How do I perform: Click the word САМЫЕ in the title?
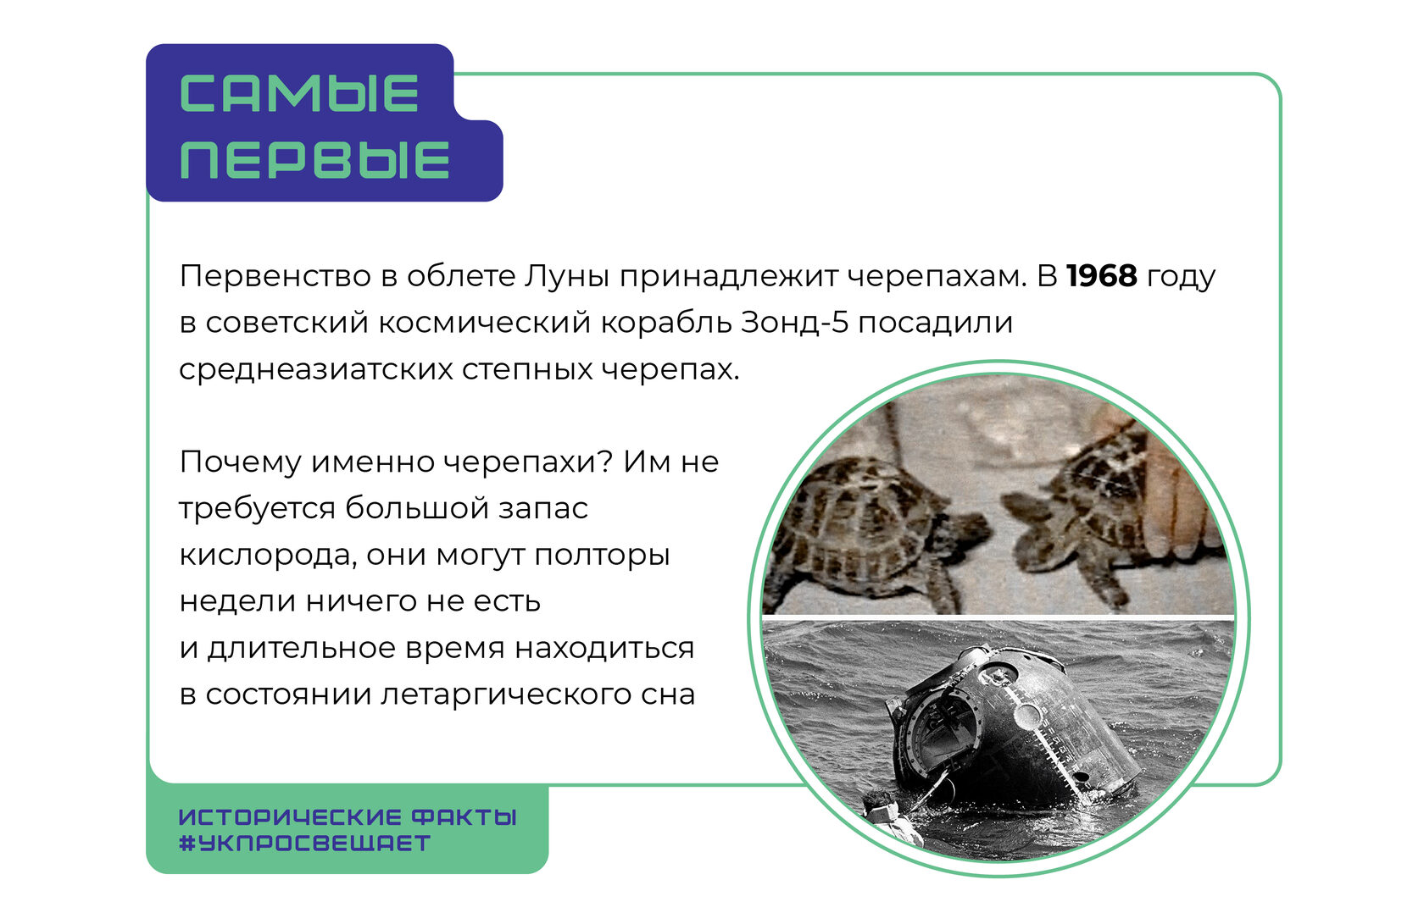tap(298, 93)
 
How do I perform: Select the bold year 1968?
tap(1102, 275)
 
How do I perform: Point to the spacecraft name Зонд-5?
tap(795, 323)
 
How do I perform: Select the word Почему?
tap(240, 462)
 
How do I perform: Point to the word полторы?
tap(602, 556)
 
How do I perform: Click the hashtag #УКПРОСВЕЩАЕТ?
tap(305, 844)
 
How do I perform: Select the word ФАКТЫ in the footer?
tap(464, 817)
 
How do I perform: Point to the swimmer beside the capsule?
tap(890, 819)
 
